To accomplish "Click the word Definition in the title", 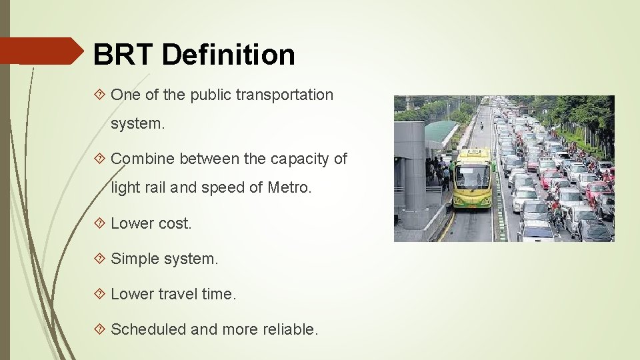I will (x=228, y=55).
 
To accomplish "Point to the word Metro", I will (x=289, y=188).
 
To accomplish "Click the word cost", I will (x=174, y=224).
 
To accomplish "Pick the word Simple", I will (x=136, y=259).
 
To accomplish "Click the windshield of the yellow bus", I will (x=472, y=177).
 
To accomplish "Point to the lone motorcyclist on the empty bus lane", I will (x=481, y=125).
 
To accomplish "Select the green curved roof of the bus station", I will (x=439, y=131).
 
